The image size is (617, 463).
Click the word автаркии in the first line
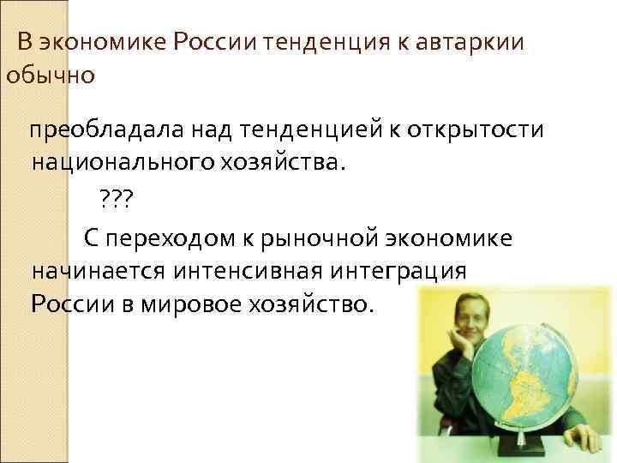coord(470,42)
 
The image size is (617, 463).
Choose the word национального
coord(122,163)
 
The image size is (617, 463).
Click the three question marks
coord(116,200)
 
